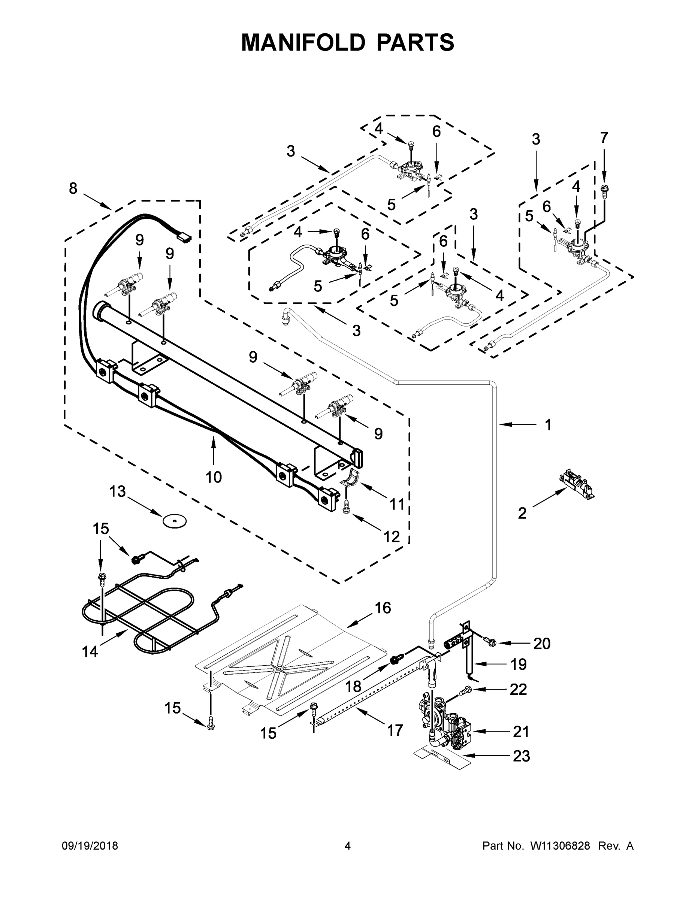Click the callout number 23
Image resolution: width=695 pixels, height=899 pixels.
click(521, 756)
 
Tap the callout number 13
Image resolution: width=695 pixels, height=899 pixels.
click(117, 491)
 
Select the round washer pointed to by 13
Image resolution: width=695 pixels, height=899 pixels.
click(174, 521)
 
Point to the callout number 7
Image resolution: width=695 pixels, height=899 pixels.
click(604, 138)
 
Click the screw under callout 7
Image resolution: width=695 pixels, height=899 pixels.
click(605, 190)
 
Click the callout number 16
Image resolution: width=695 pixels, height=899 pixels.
click(383, 608)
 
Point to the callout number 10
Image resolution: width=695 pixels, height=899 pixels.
click(214, 477)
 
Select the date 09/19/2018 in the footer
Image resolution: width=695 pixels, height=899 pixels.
click(90, 846)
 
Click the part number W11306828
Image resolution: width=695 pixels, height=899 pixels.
click(560, 846)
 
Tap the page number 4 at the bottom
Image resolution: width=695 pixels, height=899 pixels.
click(348, 846)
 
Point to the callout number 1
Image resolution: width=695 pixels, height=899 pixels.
click(548, 425)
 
